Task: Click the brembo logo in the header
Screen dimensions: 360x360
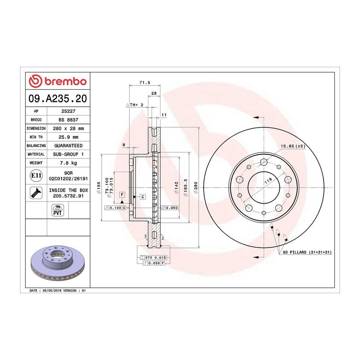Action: (58, 81)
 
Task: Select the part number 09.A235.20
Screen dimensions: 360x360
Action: (58, 98)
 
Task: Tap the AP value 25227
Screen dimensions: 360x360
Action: (68, 111)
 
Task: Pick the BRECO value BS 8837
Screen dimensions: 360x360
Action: (68, 120)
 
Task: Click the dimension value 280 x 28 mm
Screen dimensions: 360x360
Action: (68, 128)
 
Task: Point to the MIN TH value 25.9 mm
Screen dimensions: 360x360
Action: (68, 137)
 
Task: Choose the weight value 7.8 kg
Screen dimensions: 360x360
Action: (68, 163)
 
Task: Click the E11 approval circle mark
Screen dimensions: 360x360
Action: (36, 176)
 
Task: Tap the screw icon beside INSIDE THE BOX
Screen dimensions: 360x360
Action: (36, 193)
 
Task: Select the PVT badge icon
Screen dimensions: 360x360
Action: (57, 210)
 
